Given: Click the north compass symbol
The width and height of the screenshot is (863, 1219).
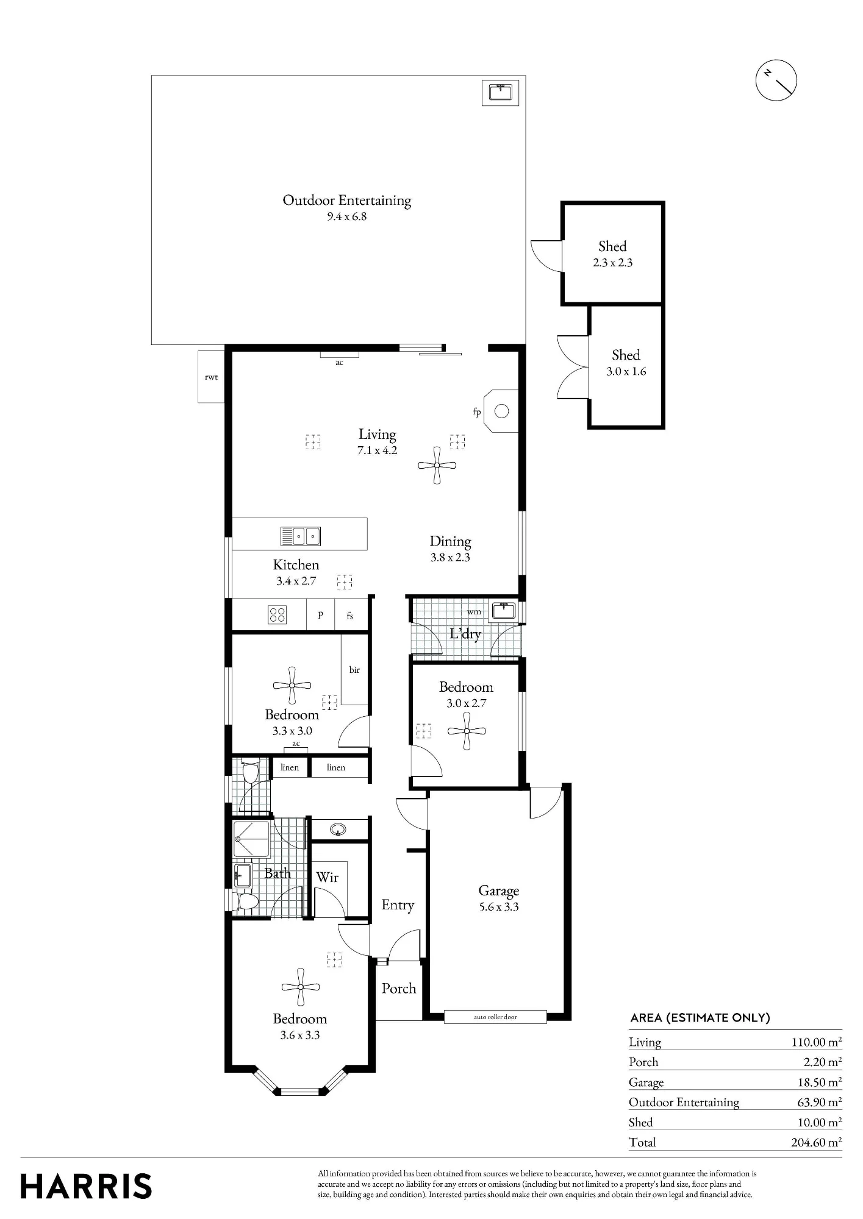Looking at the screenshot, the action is [x=776, y=80].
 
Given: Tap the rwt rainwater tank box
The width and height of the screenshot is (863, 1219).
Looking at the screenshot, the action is [x=211, y=377].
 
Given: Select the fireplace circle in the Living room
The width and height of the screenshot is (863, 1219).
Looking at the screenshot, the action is [x=501, y=411].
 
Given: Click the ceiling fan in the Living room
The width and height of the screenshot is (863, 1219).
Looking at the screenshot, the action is [x=437, y=466].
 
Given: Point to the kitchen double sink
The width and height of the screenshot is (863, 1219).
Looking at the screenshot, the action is [x=301, y=536].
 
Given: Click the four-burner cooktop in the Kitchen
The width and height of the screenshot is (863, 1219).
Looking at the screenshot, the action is [x=278, y=615].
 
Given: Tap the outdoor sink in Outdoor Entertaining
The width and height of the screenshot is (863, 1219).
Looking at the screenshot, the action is [x=500, y=92].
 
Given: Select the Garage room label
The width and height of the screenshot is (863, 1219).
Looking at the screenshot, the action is [x=499, y=890].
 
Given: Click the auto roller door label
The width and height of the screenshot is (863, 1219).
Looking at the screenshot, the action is [x=495, y=1017].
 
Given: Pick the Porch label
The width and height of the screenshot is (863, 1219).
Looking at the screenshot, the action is [x=399, y=988].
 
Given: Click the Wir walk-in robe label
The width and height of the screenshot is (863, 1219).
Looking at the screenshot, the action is [x=328, y=877].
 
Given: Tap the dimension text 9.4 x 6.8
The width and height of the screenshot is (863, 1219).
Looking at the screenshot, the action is [x=346, y=216].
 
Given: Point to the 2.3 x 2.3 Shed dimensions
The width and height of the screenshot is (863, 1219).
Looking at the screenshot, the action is [x=612, y=263].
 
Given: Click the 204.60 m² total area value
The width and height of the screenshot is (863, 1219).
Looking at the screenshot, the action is [x=816, y=1142].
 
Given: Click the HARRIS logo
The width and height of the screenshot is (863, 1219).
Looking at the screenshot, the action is [x=86, y=1186].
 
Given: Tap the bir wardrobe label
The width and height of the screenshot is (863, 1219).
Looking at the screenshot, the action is [x=354, y=670].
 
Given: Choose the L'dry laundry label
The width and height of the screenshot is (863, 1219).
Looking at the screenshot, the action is [x=465, y=634].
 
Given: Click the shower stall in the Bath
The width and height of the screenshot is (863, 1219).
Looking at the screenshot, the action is [x=251, y=839].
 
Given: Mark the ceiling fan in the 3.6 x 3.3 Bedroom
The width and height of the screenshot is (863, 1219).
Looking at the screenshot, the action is [x=301, y=987].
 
